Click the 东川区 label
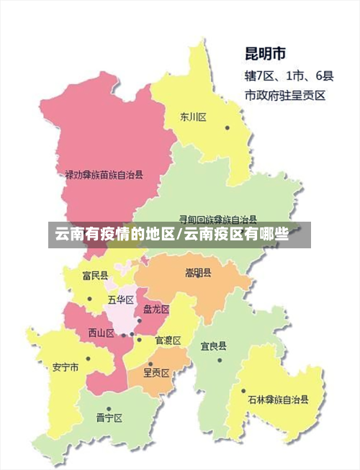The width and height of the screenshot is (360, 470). pos(194,117)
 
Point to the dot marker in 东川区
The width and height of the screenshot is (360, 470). pos(227,128)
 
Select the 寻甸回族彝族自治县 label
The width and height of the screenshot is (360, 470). pos(218,219)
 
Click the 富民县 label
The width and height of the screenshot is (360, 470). pos(95,275)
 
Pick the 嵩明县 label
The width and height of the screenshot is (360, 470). pos(198,273)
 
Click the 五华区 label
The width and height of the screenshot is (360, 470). pos(120,299)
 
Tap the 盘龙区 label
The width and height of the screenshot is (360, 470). pos(156,309)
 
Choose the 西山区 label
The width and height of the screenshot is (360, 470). pos(101,333)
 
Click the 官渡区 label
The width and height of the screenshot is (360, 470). pos(168,340)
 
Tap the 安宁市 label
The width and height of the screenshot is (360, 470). pos(66,366)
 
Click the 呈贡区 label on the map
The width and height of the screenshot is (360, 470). pos(156,372)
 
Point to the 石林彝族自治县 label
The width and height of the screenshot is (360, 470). pos(278,399)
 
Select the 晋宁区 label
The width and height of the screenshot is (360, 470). pos(109,417)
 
